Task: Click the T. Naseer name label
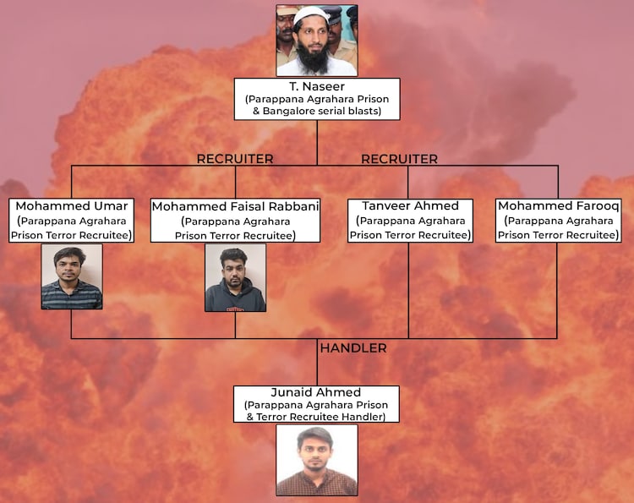(317, 87)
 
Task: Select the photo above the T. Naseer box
(317, 40)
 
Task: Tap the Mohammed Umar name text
(72, 206)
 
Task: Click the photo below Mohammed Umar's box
(72, 276)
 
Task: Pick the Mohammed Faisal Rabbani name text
(235, 206)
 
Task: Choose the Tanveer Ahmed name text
(410, 206)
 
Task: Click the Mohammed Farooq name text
(558, 206)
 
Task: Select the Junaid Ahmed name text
(317, 392)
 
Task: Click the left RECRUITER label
(235, 159)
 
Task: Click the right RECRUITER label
(399, 159)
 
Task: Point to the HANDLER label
(353, 348)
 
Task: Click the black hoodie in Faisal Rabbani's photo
(235, 298)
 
